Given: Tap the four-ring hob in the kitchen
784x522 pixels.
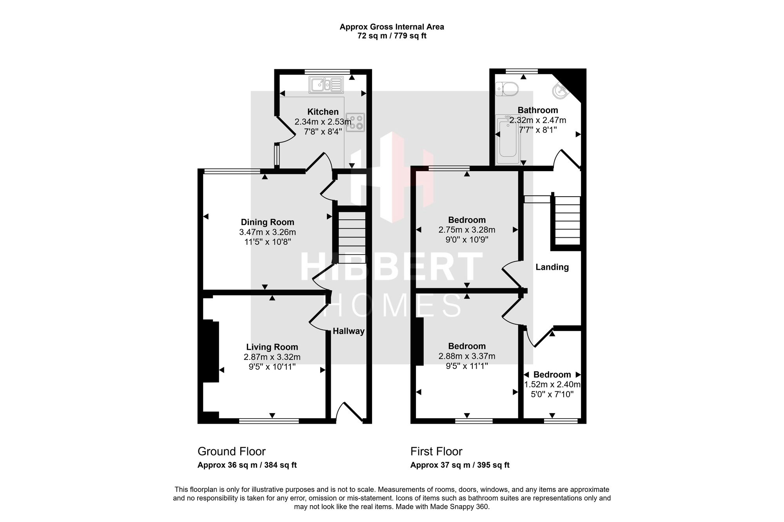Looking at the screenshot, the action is [356, 122].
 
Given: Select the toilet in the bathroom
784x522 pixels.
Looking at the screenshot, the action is [507, 89].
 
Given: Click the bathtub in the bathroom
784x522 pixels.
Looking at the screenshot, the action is [508, 140].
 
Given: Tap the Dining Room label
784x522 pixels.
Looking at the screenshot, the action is [267, 222].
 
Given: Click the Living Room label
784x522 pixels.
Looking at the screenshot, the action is [272, 347].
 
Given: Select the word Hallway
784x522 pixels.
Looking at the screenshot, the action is [348, 331].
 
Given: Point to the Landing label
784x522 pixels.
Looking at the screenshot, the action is [552, 267].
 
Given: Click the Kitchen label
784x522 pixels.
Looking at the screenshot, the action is [323, 112].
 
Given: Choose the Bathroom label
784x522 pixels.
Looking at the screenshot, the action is [538, 110].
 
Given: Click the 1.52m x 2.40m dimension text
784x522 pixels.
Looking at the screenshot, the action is [552, 385].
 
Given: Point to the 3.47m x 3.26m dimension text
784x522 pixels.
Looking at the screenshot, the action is [267, 232].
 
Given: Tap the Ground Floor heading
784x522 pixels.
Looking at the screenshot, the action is [232, 452].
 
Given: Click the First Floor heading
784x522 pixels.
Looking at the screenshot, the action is [436, 452].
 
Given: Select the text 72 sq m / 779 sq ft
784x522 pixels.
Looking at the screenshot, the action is [392, 36].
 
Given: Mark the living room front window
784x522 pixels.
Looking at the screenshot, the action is [269, 421].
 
